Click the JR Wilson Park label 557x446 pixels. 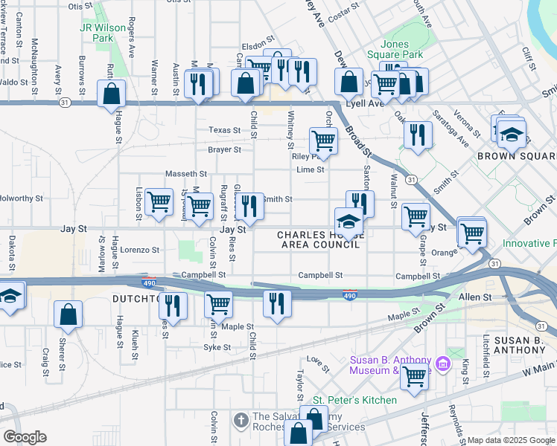97,32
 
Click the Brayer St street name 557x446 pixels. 224,149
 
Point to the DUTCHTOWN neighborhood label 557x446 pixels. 138,299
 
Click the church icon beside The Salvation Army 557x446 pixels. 241,421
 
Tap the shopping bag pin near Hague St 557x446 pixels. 111,94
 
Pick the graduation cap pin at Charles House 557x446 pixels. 348,221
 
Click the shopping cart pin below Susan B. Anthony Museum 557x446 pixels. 414,376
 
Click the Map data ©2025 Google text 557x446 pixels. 510,440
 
